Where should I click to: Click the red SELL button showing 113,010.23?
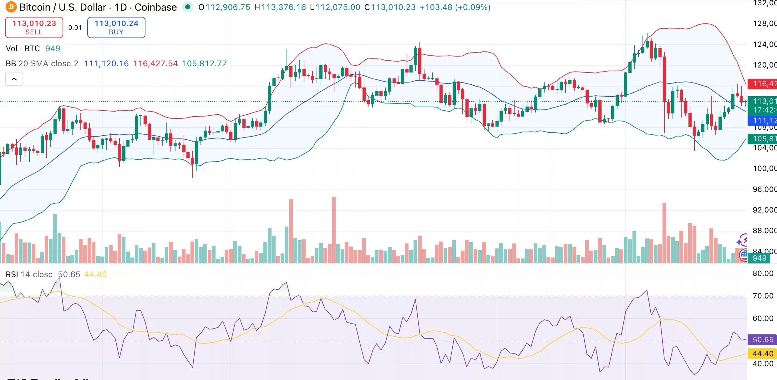point(34,27)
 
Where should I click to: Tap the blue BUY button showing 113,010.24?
point(116,27)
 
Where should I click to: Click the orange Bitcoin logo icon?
point(11,7)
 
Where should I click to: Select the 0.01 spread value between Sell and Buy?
point(75,28)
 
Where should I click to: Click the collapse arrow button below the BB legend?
point(14,79)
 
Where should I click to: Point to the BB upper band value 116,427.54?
point(155,63)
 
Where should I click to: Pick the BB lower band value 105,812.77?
point(204,63)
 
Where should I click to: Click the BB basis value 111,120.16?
point(106,63)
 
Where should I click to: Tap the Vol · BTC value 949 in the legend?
point(53,48)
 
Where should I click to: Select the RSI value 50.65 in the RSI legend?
point(69,274)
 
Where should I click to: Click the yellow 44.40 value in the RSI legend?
point(95,274)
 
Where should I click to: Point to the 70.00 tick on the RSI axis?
point(763,296)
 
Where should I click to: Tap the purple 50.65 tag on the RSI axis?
point(762,340)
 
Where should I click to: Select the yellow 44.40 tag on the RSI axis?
point(762,354)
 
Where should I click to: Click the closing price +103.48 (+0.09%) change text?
point(455,7)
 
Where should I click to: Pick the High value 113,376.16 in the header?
point(283,7)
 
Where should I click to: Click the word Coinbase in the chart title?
point(155,7)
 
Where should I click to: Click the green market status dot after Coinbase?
point(188,7)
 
